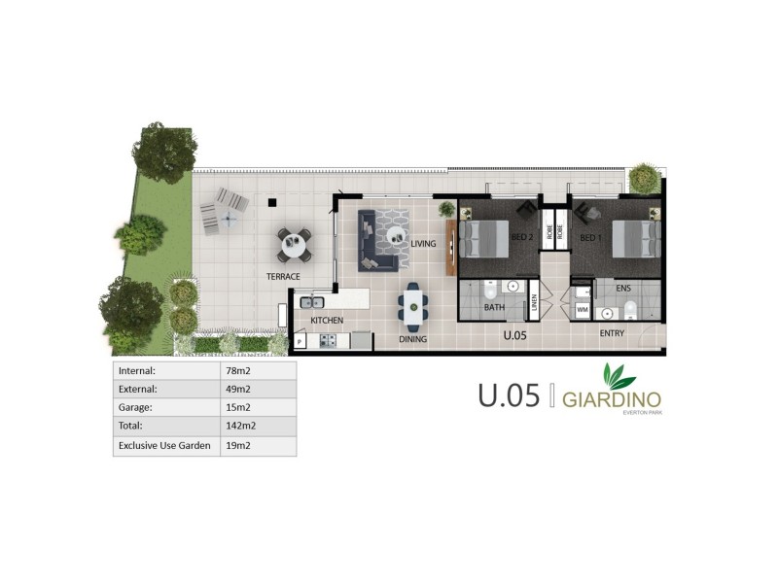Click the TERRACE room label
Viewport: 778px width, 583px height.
(x=284, y=277)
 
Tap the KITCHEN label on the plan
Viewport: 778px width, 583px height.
(x=327, y=320)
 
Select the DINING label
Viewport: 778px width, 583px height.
(x=413, y=340)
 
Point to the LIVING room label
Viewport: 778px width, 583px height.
(x=423, y=244)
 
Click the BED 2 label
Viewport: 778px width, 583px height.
(x=522, y=237)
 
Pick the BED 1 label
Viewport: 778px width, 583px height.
(x=592, y=237)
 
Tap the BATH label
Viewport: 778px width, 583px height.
(x=494, y=308)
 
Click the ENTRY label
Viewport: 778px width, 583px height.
(x=612, y=333)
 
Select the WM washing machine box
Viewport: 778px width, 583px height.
(x=583, y=310)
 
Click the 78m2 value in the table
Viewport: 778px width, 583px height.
(x=234, y=371)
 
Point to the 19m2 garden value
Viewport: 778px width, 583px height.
(x=234, y=445)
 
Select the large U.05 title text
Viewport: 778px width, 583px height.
(x=508, y=397)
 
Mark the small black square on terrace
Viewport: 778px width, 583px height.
(x=273, y=202)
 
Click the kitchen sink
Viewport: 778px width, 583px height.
(x=313, y=303)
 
